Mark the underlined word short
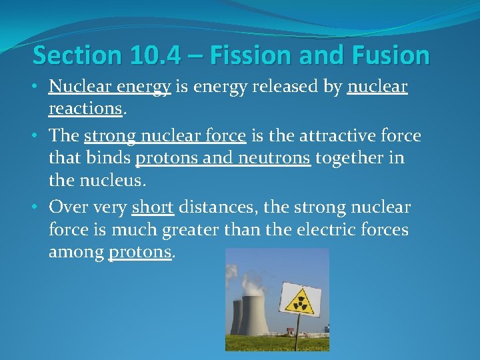153,207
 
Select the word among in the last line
75,252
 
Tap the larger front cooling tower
254,313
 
